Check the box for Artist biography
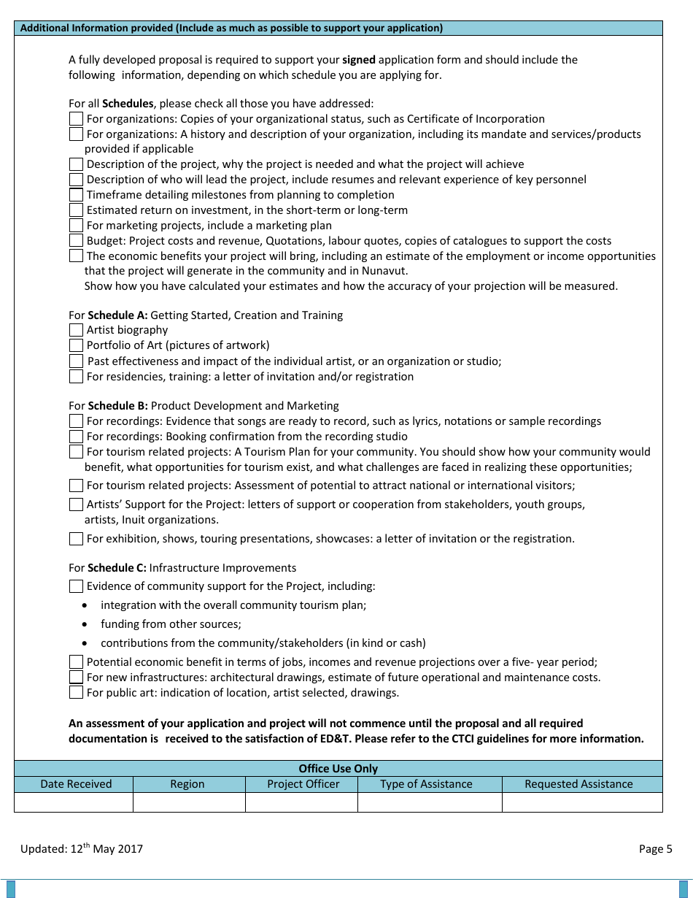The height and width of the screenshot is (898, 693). [x=76, y=330]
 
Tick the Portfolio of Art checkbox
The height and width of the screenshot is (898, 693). [x=76, y=345]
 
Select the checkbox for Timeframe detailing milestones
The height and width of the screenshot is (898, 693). [x=76, y=195]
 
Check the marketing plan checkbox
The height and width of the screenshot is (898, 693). [x=76, y=226]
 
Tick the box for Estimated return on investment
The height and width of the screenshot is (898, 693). [x=76, y=210]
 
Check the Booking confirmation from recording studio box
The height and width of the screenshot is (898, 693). [x=76, y=437]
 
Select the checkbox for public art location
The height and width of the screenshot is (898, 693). [x=76, y=692]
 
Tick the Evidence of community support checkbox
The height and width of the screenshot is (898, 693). [x=76, y=586]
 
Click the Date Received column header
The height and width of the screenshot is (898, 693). [x=76, y=784]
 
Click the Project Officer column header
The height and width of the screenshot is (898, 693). [x=303, y=784]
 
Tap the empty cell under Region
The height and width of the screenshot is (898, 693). [x=188, y=802]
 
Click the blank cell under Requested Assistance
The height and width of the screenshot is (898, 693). [x=581, y=802]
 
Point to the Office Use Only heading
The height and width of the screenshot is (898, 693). [x=338, y=768]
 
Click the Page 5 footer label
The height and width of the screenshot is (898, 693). [x=655, y=848]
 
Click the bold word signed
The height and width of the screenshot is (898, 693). [x=359, y=60]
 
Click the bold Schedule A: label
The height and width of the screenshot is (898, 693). [x=117, y=315]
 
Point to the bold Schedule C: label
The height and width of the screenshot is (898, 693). [x=117, y=568]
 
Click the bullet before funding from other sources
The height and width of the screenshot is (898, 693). [x=86, y=625]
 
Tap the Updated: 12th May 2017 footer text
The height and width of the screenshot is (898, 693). [x=82, y=848]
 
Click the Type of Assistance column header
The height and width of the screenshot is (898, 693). [x=426, y=784]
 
